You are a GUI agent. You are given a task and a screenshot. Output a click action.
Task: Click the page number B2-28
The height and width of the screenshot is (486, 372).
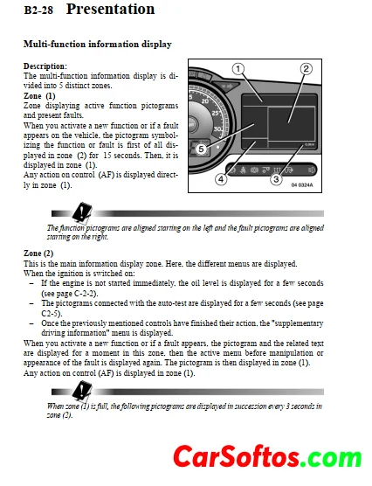tap(38, 10)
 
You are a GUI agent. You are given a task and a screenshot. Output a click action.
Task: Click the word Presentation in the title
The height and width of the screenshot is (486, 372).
tap(110, 9)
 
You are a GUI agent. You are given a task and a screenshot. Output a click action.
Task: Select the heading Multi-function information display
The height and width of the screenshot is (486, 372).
tap(98, 45)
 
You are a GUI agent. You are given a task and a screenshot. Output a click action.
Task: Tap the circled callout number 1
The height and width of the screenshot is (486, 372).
tap(238, 69)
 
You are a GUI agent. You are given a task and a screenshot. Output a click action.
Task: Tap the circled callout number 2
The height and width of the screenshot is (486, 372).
tap(306, 69)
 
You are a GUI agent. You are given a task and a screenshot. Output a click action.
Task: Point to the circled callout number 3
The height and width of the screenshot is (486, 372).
tap(276, 179)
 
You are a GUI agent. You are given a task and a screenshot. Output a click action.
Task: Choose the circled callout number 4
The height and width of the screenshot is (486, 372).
tap(221, 179)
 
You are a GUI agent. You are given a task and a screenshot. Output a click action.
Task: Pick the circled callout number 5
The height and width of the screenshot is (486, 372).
tap(201, 149)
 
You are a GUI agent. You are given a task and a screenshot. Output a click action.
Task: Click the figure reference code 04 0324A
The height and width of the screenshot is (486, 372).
tap(302, 185)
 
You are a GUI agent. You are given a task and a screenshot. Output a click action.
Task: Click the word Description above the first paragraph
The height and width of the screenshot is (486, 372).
tap(45, 66)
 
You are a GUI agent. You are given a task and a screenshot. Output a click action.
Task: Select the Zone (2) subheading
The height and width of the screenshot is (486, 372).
tap(38, 253)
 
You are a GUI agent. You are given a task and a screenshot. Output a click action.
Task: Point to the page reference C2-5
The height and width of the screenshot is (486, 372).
tap(50, 313)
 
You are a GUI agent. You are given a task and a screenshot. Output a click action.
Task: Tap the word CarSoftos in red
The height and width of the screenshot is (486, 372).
tap(237, 457)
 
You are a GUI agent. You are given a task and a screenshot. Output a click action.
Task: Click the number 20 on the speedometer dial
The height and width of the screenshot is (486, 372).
tap(205, 101)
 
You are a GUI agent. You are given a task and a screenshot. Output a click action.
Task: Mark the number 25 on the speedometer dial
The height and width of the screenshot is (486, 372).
tap(216, 113)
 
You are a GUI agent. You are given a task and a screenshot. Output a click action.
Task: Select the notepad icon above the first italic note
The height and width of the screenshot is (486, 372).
tap(82, 212)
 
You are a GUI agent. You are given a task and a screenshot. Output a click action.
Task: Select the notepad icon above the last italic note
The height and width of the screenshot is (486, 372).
tap(82, 391)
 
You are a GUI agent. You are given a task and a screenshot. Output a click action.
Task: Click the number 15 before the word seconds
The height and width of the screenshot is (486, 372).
tap(107, 155)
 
